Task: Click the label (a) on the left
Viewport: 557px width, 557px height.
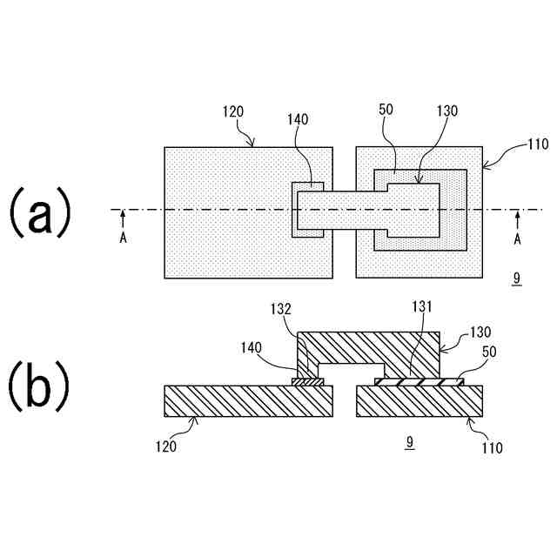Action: click(x=39, y=214)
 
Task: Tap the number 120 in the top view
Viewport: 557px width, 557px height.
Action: click(x=232, y=112)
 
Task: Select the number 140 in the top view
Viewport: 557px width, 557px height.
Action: click(x=298, y=120)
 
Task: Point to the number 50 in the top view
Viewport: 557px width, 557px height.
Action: click(x=387, y=111)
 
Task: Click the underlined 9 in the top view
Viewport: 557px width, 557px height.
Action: click(x=517, y=278)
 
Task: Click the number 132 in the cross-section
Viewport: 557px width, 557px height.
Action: click(x=281, y=308)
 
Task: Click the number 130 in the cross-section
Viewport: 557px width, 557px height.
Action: click(x=480, y=332)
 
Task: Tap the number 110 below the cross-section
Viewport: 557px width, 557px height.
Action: click(x=493, y=448)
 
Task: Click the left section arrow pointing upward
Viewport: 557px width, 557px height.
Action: click(x=124, y=218)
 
